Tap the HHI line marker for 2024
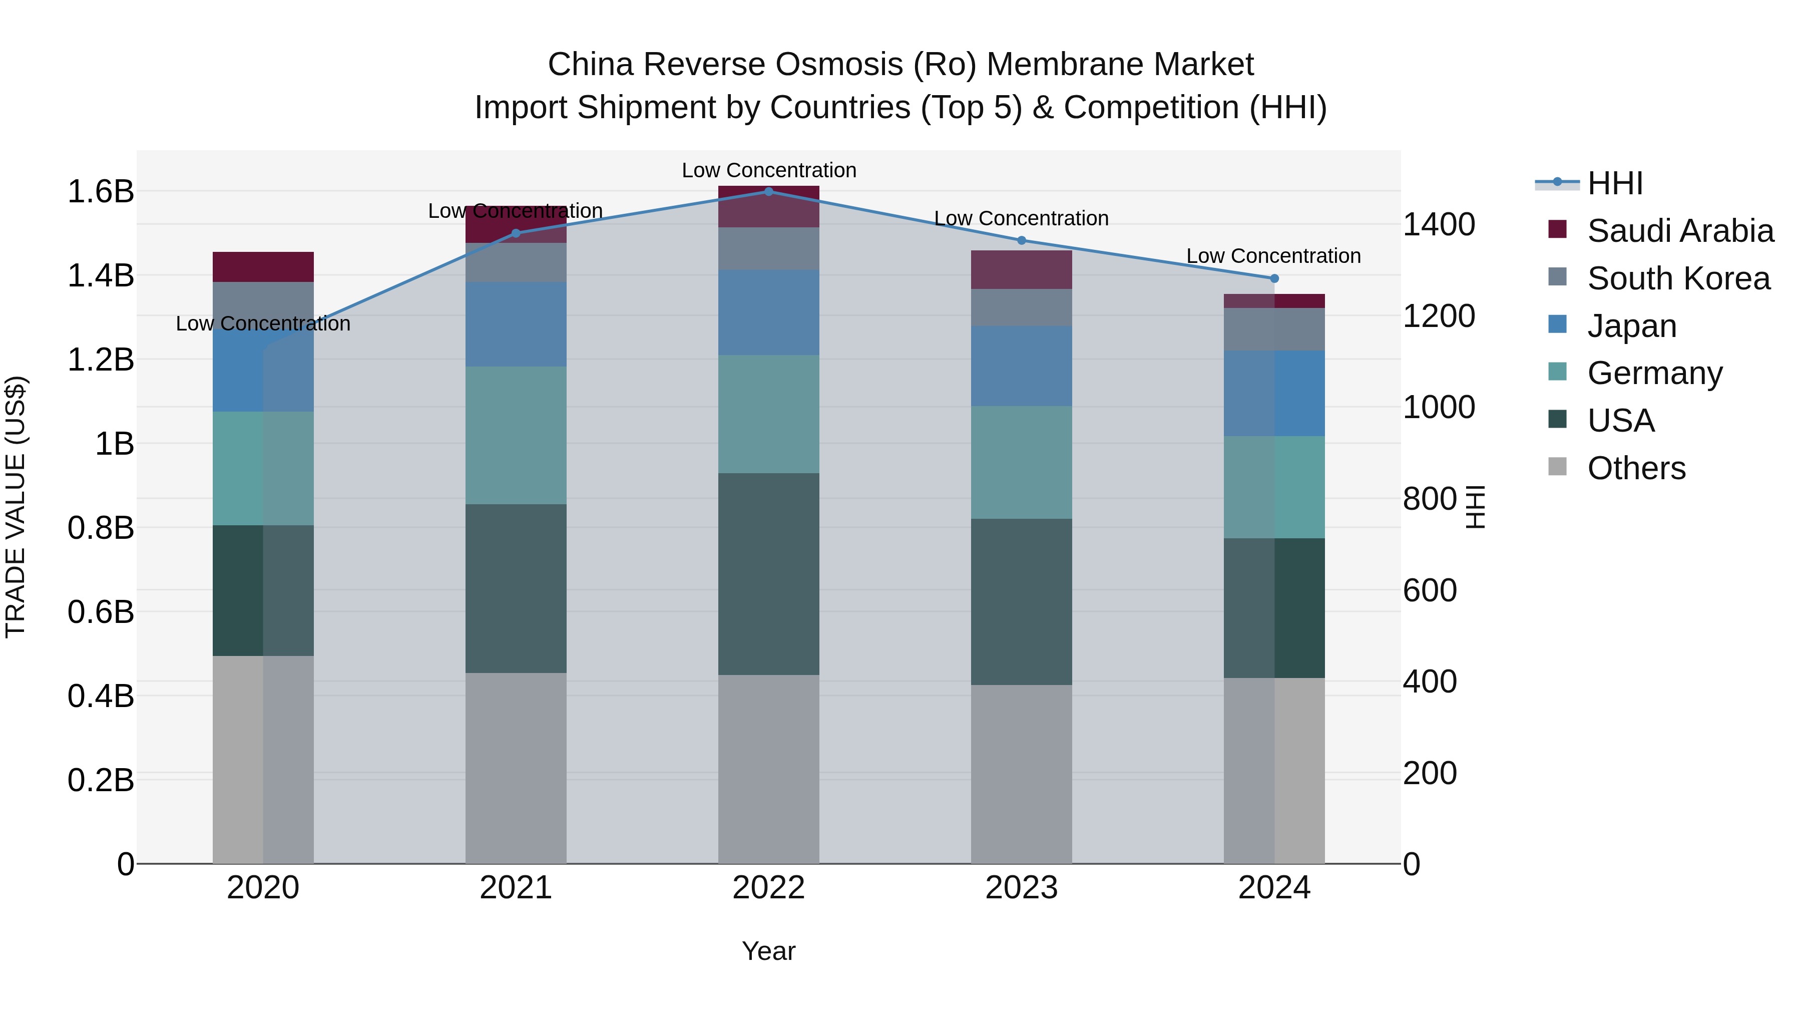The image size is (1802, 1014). [x=1274, y=278]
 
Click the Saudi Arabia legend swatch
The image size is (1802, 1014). [x=1557, y=229]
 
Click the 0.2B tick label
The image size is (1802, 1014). [x=101, y=780]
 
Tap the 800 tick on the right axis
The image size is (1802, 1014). [x=1430, y=499]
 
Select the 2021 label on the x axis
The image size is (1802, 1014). [x=516, y=888]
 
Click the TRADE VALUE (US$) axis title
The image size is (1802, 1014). [x=16, y=507]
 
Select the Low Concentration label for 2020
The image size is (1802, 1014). [x=263, y=323]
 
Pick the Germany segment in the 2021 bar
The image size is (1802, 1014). [x=516, y=435]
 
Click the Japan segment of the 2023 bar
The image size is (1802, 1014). [x=1021, y=366]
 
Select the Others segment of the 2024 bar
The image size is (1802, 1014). [x=1274, y=770]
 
